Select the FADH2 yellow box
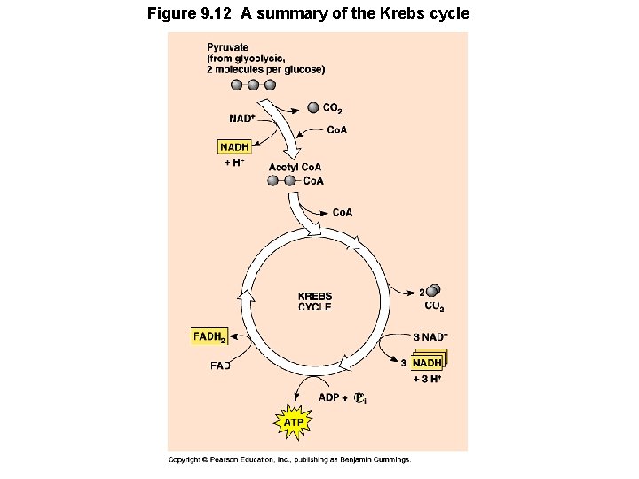pyautogui.click(x=209, y=336)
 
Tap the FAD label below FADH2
pyautogui.click(x=220, y=365)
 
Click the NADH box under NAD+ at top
pyautogui.click(x=233, y=147)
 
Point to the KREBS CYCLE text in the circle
pyautogui.click(x=314, y=302)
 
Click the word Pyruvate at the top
pyautogui.click(x=228, y=46)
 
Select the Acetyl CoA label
pyautogui.click(x=295, y=167)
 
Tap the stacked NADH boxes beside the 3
pyautogui.click(x=428, y=362)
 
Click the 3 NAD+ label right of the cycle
pyautogui.click(x=430, y=336)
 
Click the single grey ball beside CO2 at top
pyautogui.click(x=312, y=108)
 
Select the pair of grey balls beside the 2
pyautogui.click(x=433, y=291)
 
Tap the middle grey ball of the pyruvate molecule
pyautogui.click(x=253, y=85)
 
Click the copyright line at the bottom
pyautogui.click(x=290, y=459)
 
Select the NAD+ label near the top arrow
pyautogui.click(x=241, y=118)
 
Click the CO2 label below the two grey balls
pyautogui.click(x=434, y=307)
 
